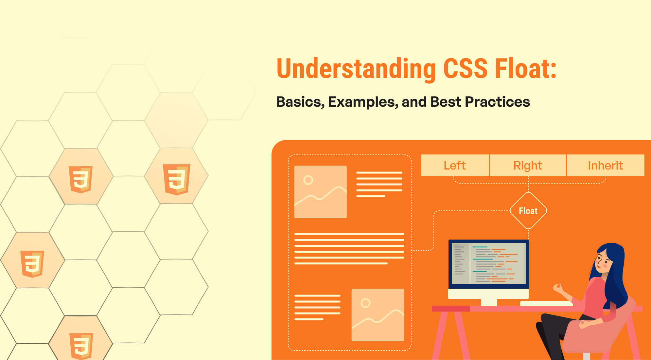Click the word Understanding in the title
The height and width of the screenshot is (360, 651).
[356, 69]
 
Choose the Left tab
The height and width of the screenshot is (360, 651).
[455, 165]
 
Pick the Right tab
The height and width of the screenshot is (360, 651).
[528, 165]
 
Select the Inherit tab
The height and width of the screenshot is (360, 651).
[605, 165]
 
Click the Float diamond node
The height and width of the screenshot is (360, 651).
[528, 211]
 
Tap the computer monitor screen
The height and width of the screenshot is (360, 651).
[488, 263]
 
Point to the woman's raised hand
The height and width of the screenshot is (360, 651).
[558, 288]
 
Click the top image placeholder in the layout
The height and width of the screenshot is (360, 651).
[320, 192]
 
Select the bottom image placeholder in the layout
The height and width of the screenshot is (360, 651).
[378, 315]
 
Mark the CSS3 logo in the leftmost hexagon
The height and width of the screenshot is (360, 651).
[32, 263]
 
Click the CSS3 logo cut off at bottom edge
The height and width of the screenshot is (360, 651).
[81, 345]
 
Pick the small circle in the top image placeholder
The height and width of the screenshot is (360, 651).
[308, 180]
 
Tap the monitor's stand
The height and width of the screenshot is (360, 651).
[489, 302]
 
